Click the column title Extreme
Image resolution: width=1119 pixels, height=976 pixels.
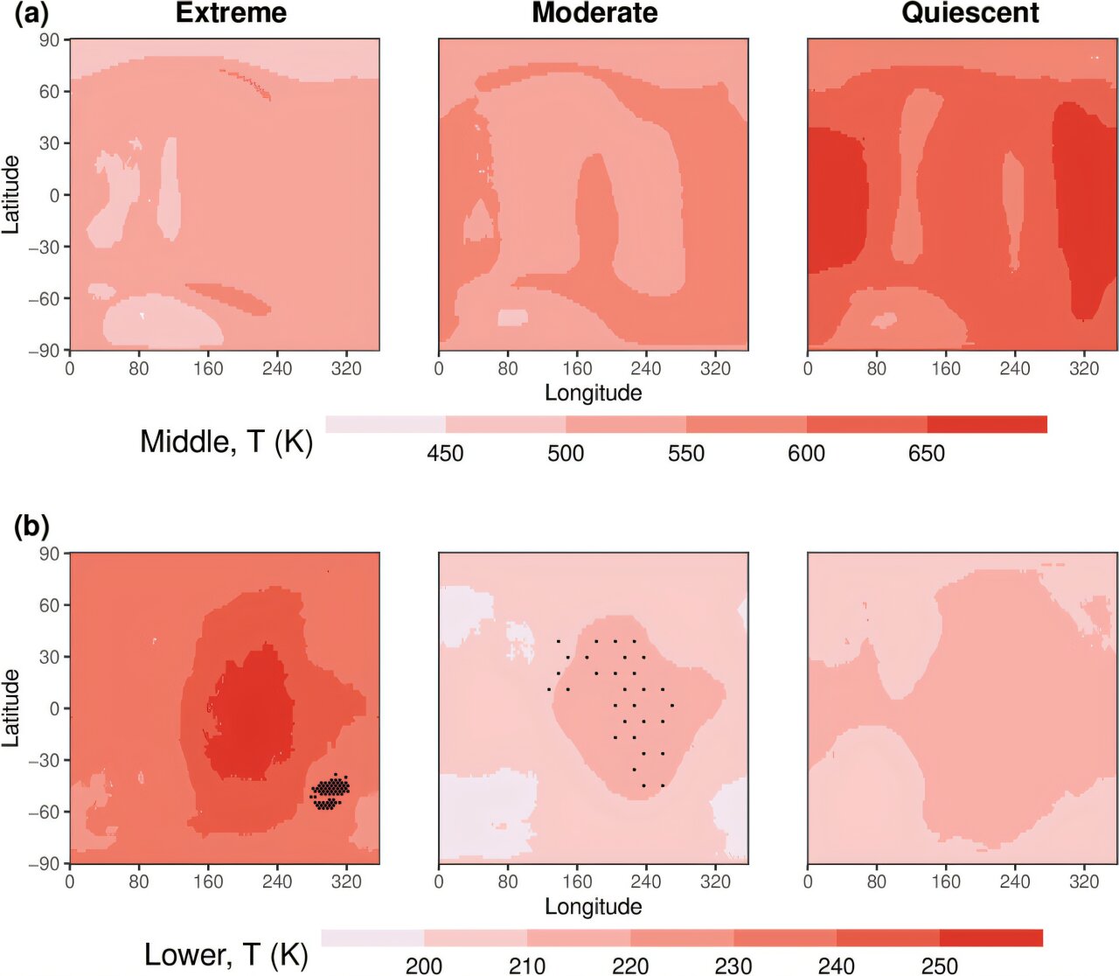tap(231, 13)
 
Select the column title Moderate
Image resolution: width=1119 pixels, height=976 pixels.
tap(594, 13)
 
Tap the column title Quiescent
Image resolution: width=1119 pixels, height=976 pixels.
tap(970, 13)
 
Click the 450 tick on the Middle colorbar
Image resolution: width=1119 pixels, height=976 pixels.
tap(446, 454)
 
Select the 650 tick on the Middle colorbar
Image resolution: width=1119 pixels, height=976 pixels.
tap(927, 454)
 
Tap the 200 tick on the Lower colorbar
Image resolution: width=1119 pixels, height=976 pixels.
tap(424, 966)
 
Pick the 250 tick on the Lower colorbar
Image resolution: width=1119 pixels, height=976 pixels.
tap(940, 966)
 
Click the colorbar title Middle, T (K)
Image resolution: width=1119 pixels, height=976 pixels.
tap(226, 442)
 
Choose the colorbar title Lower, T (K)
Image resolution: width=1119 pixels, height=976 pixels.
tap(226, 955)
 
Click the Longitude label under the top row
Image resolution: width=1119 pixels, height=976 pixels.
tap(594, 393)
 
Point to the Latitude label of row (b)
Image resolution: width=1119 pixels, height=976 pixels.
tap(10, 708)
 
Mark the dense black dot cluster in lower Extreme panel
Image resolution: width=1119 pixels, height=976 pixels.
tap(330, 791)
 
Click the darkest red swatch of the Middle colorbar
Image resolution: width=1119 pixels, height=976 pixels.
tap(987, 425)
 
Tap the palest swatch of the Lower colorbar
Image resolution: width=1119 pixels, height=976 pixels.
tap(372, 938)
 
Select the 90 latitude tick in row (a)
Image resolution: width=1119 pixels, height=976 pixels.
tap(49, 40)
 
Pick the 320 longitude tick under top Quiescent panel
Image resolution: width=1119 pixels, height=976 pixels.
tap(1084, 369)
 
